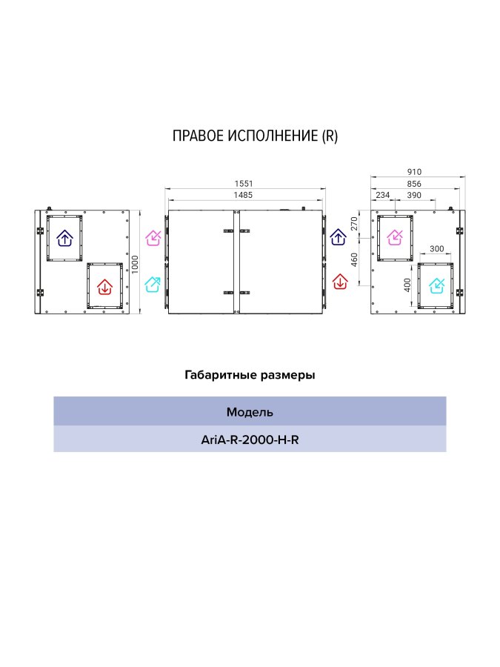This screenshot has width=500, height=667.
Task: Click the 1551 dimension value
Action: (244, 184)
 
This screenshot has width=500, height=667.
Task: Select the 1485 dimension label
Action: (243, 195)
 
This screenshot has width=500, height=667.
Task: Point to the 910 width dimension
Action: (414, 172)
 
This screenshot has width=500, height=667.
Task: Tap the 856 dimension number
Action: (414, 184)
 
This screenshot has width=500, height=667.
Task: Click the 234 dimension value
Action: (383, 195)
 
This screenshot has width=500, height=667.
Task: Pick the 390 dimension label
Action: (414, 195)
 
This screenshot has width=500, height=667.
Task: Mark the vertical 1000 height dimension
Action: (135, 265)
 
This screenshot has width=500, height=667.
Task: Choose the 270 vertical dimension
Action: (354, 224)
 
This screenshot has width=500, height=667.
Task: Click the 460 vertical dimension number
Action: (354, 259)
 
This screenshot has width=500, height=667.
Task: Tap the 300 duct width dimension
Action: (436, 249)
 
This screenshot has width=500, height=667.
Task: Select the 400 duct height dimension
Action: (407, 285)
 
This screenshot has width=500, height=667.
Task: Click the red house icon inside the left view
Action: (104, 286)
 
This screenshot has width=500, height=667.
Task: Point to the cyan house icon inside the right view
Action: (436, 285)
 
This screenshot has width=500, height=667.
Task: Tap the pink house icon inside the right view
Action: (395, 237)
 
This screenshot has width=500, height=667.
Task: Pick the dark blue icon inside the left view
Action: (64, 238)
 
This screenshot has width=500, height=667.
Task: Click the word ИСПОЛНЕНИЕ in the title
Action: (273, 136)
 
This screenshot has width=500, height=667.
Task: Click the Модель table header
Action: (250, 412)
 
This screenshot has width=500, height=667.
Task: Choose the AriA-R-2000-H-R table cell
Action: (250, 439)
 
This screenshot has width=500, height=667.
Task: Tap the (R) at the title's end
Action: (330, 136)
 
